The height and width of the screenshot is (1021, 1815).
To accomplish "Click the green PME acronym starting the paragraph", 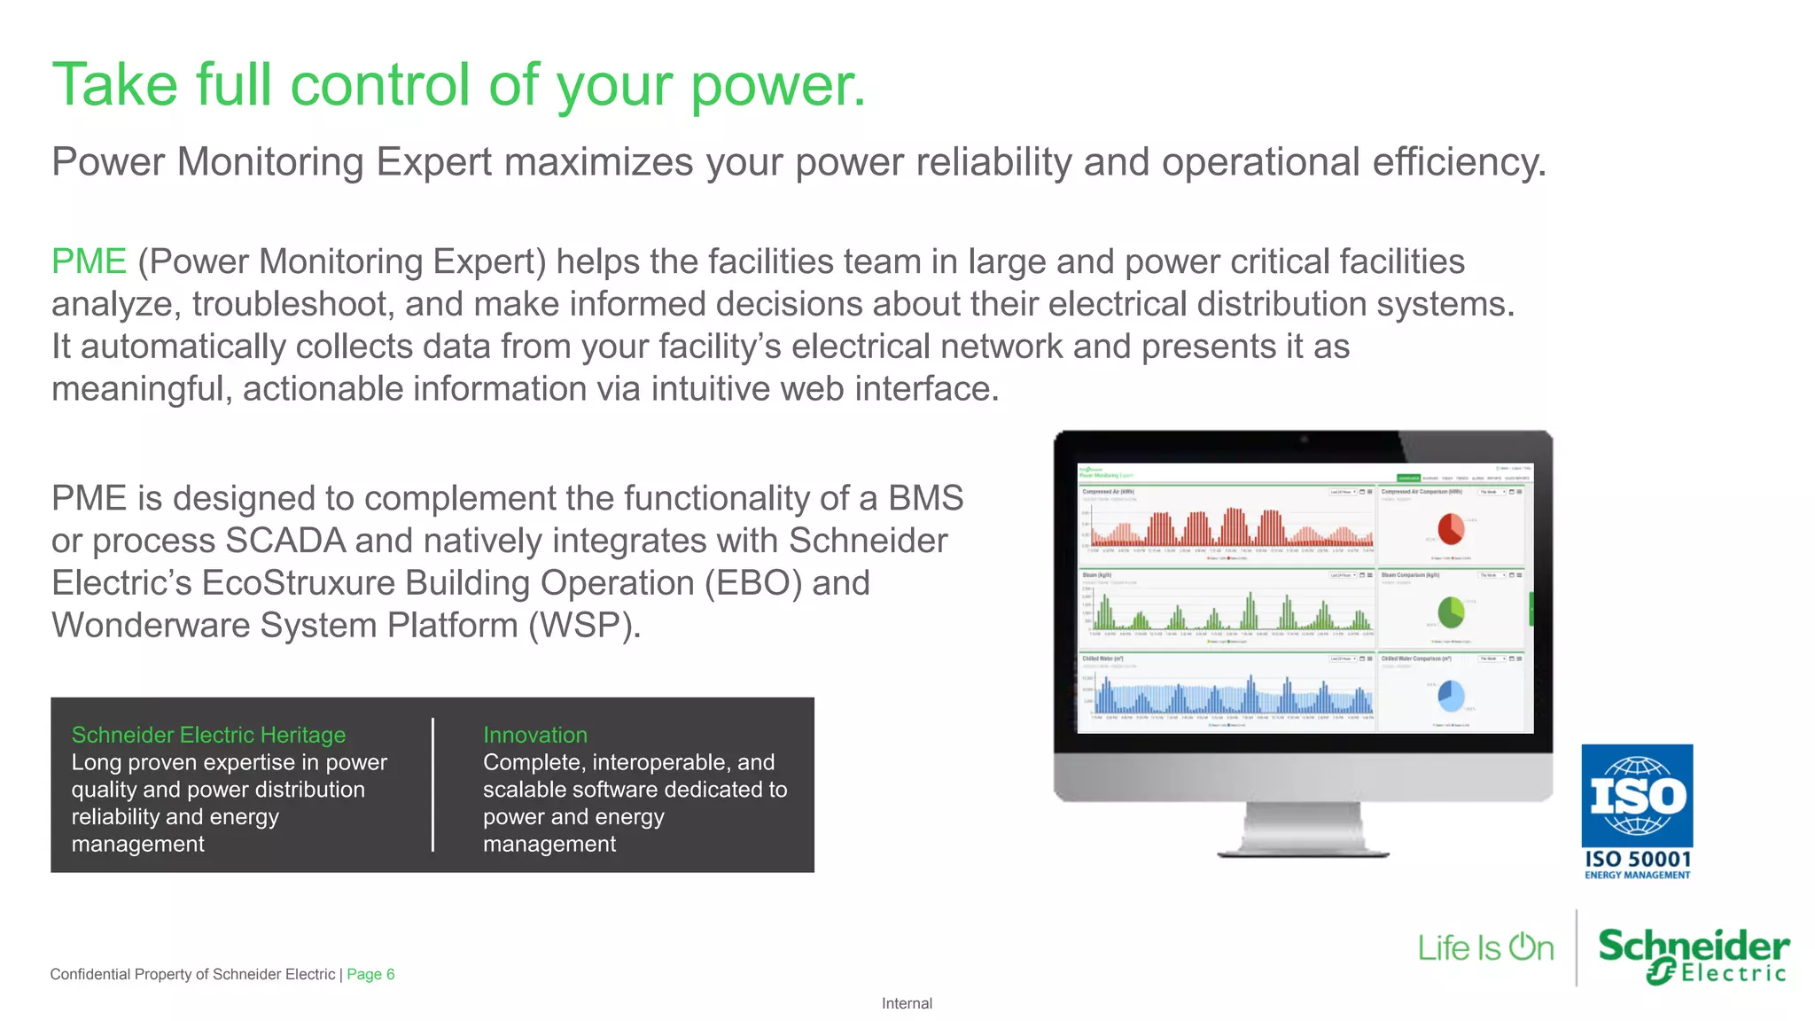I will coord(89,261).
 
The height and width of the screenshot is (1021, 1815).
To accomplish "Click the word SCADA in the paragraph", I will coord(285,541).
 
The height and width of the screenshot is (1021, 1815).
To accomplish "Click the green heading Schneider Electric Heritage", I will coord(208,735).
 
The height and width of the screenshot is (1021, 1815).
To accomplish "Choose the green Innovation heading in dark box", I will coord(534,735).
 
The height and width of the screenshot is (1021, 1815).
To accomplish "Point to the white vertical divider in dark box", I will coord(432,785).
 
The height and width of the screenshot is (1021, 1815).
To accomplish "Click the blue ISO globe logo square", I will coord(1637,796).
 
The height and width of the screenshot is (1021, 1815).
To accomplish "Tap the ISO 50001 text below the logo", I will coord(1637,859).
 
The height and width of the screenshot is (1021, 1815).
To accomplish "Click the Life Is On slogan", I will coord(1485,948).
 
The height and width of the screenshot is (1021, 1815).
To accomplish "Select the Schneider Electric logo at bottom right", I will coord(1693,955).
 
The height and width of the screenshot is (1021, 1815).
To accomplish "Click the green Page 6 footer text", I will coord(370,974).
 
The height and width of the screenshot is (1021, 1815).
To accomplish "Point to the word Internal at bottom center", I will coord(907,1003).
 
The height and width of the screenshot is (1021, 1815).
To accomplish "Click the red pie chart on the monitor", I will coord(1450,529).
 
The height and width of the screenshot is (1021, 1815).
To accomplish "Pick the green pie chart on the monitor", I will coord(1451,612).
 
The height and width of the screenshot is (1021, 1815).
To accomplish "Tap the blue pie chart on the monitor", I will coord(1451,696).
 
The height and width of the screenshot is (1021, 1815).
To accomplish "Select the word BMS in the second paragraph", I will coord(925,498).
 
